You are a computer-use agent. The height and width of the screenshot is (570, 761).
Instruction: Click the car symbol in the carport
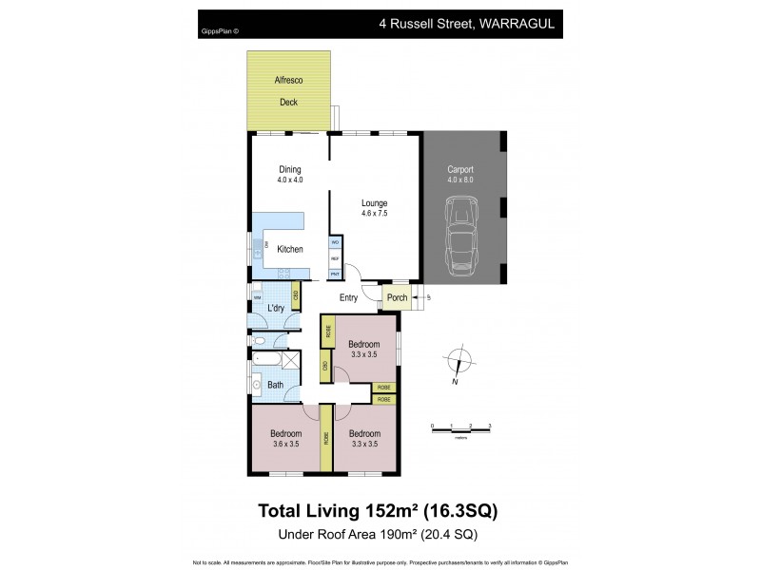click(463, 238)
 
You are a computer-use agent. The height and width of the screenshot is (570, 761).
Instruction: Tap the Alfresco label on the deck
click(289, 82)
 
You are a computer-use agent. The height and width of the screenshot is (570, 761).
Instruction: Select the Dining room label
click(290, 170)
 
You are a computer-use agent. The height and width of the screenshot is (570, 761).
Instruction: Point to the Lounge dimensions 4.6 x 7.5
click(374, 214)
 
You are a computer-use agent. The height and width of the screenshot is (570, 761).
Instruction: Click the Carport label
click(460, 170)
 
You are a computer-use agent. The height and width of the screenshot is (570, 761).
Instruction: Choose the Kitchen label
click(289, 249)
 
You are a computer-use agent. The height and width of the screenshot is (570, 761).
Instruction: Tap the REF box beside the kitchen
click(335, 258)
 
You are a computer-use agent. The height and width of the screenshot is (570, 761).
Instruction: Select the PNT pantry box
click(335, 274)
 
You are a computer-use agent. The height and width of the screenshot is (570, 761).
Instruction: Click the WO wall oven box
click(335, 243)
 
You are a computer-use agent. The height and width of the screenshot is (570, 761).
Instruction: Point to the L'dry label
click(276, 308)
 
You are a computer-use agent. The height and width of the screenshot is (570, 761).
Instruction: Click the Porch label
click(397, 297)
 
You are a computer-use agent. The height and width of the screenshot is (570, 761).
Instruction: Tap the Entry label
click(349, 297)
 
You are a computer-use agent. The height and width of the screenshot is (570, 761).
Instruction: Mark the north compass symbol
click(459, 364)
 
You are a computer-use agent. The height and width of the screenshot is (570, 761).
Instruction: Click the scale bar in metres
click(460, 431)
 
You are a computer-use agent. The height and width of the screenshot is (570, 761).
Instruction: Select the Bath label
click(275, 385)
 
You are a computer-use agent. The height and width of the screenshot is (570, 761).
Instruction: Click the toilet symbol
click(261, 339)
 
